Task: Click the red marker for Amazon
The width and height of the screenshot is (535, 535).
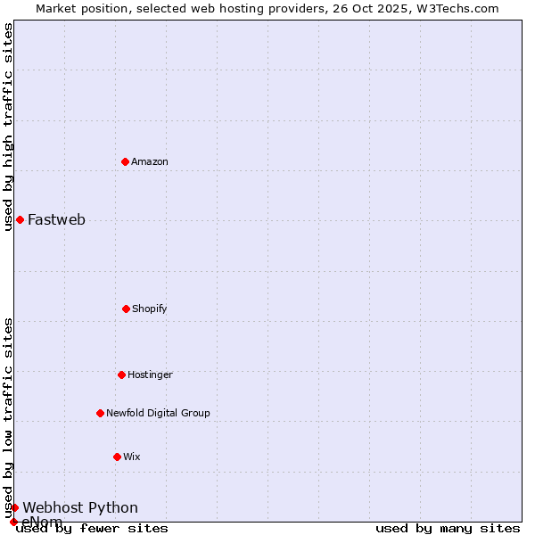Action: [126, 161]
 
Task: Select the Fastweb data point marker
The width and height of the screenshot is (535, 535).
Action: [20, 219]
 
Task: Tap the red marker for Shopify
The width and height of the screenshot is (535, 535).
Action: [126, 309]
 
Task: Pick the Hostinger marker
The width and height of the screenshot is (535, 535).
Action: [121, 374]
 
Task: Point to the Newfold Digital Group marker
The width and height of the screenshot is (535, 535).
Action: [100, 413]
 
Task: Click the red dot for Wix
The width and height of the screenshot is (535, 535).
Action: [117, 457]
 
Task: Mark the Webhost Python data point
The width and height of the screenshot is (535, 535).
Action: [14, 507]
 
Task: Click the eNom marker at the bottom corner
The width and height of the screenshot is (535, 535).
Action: [13, 522]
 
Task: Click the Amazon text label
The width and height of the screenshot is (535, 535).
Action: [150, 161]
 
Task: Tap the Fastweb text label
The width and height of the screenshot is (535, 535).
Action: [56, 220]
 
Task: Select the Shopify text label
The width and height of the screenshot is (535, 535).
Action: [150, 309]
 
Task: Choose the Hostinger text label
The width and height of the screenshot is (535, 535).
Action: [150, 374]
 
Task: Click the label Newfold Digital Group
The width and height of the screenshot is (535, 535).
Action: [158, 413]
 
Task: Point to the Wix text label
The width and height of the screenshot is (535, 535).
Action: [132, 457]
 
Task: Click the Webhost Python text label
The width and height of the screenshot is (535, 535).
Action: [80, 508]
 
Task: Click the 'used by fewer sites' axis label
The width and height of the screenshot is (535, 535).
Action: [92, 529]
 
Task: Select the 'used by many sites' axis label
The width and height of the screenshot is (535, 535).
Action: [448, 529]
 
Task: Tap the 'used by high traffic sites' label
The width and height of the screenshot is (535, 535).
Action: [8, 127]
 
